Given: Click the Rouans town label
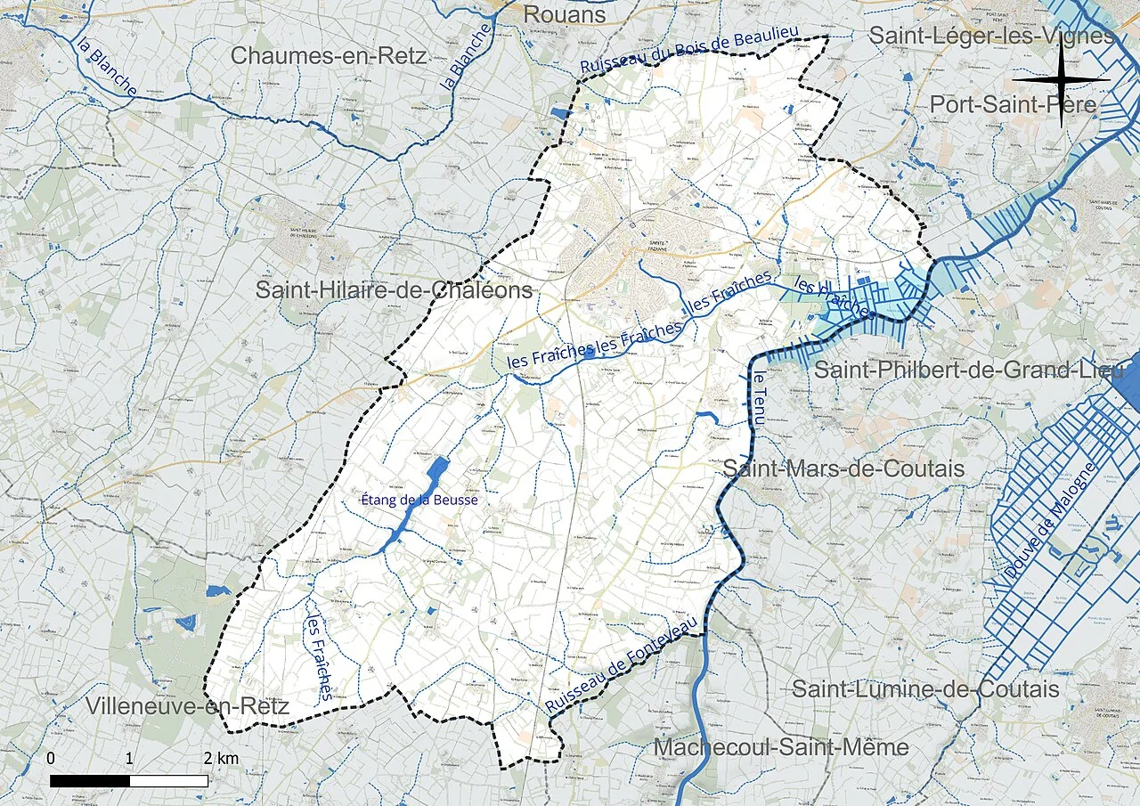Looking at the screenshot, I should click(x=564, y=14).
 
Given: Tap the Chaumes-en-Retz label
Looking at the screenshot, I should click(x=329, y=55).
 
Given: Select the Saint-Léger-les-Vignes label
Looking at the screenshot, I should click(x=990, y=36).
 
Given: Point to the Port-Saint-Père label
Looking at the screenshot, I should click(x=1013, y=104).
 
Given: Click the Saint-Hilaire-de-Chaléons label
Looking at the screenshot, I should click(x=394, y=290).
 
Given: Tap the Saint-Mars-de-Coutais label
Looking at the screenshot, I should click(x=843, y=468).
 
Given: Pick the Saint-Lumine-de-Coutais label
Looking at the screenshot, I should click(x=925, y=688).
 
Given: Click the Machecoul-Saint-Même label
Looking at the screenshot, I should click(x=781, y=747).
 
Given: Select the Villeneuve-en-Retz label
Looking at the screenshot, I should click(x=187, y=706).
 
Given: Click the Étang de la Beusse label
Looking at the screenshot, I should click(x=419, y=501).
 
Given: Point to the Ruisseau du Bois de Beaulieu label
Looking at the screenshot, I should click(x=689, y=52).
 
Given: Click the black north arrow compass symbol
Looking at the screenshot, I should click(x=1061, y=80).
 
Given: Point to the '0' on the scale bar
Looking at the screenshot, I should click(x=51, y=759).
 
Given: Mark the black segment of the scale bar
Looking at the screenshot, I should click(x=90, y=780).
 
